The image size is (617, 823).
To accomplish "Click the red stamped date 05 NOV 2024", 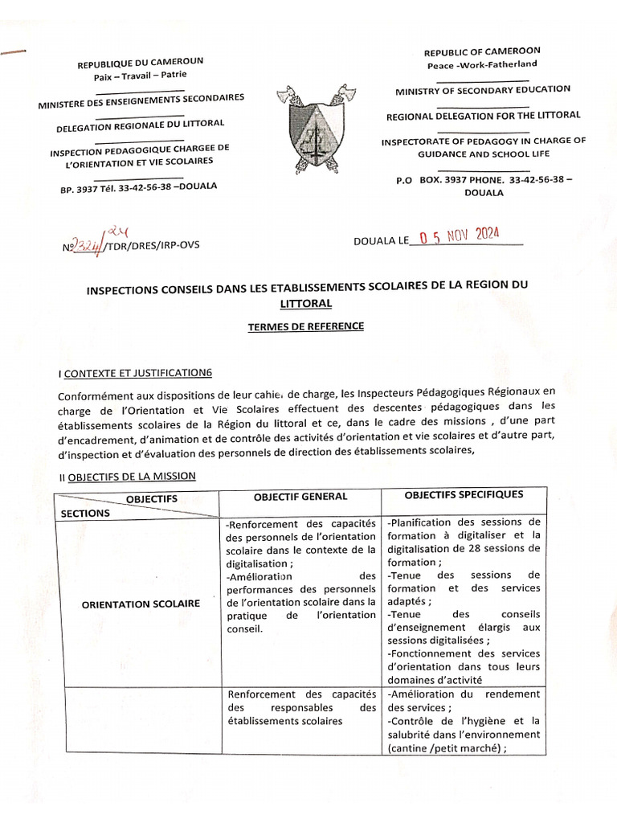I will (x=456, y=235).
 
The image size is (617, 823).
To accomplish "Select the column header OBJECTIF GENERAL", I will (x=300, y=497).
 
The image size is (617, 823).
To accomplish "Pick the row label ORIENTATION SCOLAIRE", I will (x=141, y=604).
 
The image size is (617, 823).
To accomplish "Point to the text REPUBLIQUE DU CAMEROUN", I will (x=140, y=62).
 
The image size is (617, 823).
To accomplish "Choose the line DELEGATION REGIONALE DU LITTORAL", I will (x=140, y=125).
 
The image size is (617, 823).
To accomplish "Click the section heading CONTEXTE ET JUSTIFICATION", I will (x=137, y=371).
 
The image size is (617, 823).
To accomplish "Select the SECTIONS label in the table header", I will (x=84, y=512).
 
